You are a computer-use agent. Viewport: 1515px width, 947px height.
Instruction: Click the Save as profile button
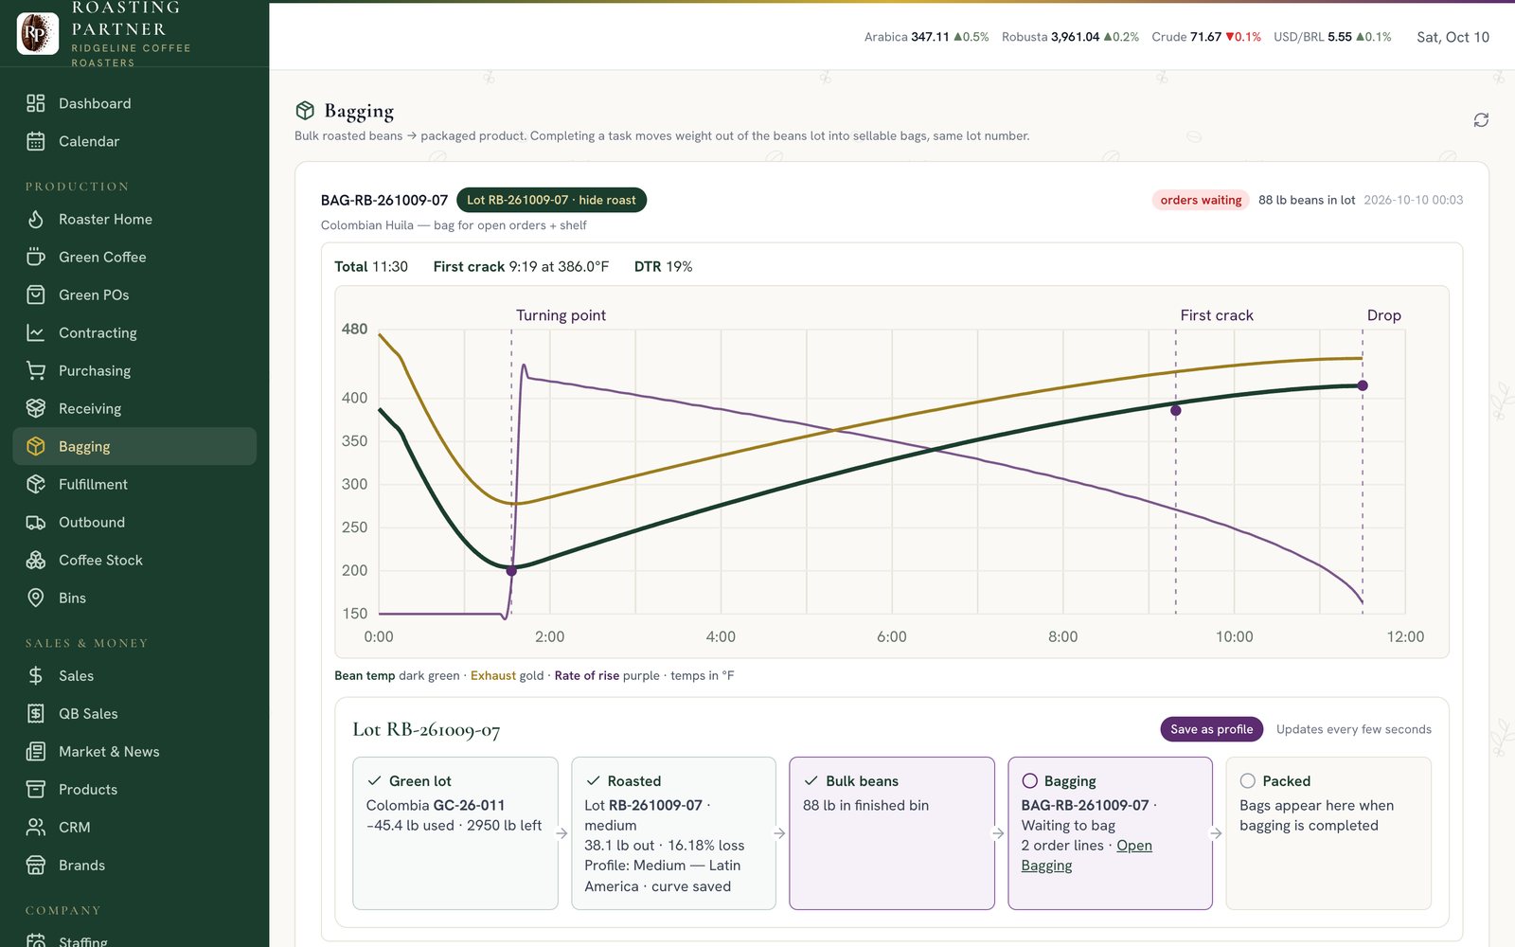1211,729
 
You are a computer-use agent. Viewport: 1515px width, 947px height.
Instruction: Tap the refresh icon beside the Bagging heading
1481,119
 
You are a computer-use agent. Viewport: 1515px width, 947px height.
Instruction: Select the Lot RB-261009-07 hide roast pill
551,200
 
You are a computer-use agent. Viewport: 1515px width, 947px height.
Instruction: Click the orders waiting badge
1201,200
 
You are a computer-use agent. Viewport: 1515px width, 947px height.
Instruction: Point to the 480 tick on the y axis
354,329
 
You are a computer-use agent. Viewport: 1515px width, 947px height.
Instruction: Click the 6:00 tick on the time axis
891,636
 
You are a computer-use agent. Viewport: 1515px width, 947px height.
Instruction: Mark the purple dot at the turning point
511,571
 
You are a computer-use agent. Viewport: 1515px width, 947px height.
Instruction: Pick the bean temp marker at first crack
1175,411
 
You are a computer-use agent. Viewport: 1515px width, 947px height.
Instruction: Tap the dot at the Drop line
1363,385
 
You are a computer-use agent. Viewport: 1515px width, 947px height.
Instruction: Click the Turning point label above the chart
561,315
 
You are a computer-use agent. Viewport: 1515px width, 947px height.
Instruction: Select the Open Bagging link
1087,855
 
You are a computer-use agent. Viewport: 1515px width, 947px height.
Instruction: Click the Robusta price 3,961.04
1075,37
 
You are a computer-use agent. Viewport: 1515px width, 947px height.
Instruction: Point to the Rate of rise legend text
586,676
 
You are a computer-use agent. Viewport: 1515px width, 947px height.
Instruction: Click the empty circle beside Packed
1248,780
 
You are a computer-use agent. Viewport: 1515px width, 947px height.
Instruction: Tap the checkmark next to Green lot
374,780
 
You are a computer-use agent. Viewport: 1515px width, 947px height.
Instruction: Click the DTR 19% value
663,266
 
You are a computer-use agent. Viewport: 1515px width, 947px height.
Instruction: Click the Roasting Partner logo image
38,32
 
